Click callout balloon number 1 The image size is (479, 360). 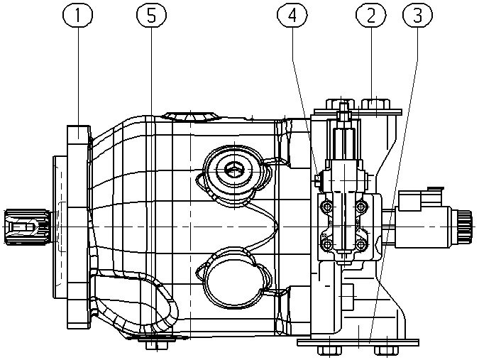tap(77, 16)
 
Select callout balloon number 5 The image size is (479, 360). tap(152, 16)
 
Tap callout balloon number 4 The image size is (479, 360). tap(292, 16)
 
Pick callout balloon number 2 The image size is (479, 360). tap(371, 16)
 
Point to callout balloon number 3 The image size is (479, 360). tap(417, 16)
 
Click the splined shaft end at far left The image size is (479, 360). tap(27, 227)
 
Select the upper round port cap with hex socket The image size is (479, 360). tap(234, 170)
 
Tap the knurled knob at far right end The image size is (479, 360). tap(466, 227)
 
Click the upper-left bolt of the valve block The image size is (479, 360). tap(327, 207)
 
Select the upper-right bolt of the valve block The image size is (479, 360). tap(360, 207)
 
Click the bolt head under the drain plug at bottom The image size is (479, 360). tap(156, 345)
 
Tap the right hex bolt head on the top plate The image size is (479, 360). tap(375, 104)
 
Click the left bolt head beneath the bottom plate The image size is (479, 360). tap(329, 351)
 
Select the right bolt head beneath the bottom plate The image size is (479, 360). tap(387, 351)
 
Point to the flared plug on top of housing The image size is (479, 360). tap(191, 116)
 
